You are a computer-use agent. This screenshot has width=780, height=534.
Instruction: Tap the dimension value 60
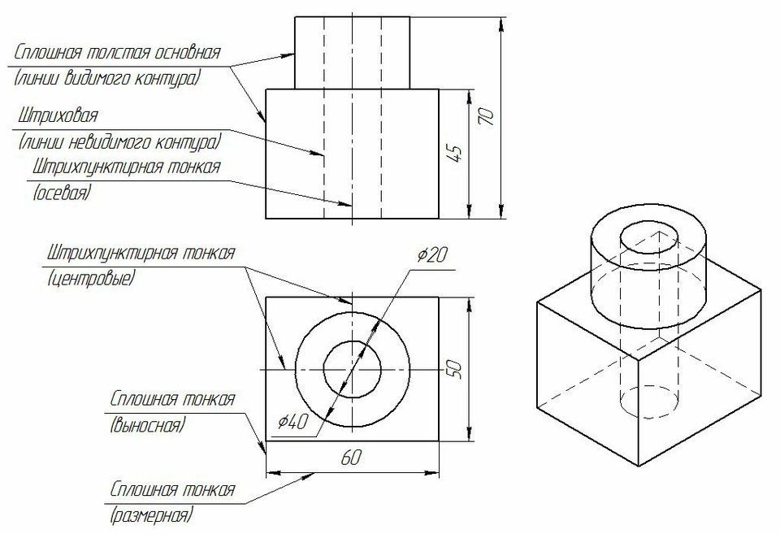pyautogui.click(x=351, y=458)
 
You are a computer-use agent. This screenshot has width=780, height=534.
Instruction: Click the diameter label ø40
pyautogui.click(x=292, y=422)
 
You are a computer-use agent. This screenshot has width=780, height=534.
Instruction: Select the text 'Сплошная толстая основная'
pyautogui.click(x=117, y=53)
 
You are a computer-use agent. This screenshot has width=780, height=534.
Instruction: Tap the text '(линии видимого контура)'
pyautogui.click(x=107, y=79)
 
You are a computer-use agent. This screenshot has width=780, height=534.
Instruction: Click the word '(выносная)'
pyautogui.click(x=146, y=425)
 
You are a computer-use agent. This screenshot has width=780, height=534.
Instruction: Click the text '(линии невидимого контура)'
pyautogui.click(x=119, y=142)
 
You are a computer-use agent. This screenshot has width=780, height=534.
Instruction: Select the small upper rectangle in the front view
pyautogui.click(x=352, y=51)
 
